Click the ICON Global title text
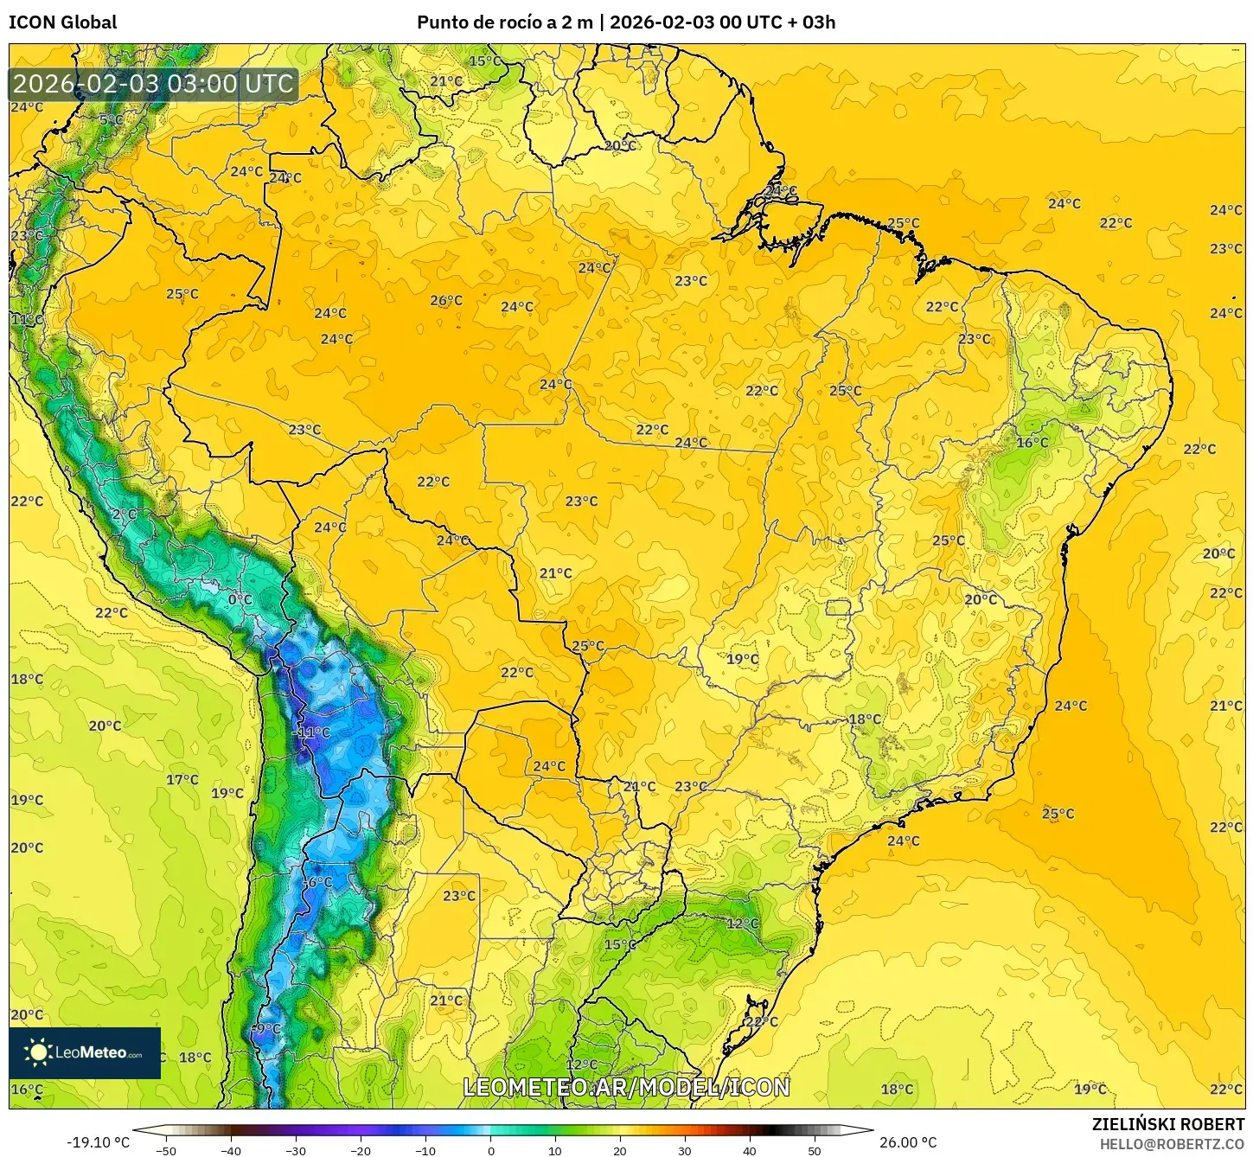(62, 22)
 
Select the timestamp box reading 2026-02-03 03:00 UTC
(154, 84)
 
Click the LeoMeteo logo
(85, 1052)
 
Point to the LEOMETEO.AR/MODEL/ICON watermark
(626, 1087)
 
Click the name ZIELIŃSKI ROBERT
(1167, 1124)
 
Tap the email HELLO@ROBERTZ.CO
(1172, 1144)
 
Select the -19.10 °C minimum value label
(98, 1142)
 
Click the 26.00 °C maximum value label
(908, 1142)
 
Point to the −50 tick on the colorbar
(165, 1150)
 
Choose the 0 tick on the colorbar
(490, 1150)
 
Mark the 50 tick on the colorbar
(815, 1150)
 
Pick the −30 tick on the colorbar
(295, 1150)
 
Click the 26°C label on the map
(446, 301)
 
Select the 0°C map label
(240, 599)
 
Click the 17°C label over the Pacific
(182, 779)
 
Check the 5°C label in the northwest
(111, 119)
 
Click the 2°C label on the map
(124, 514)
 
